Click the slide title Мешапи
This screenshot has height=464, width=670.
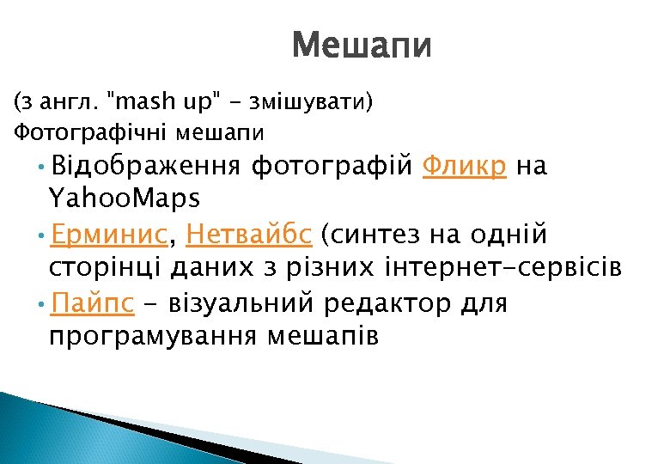pos(362,46)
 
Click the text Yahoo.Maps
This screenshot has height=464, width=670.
pos(125,198)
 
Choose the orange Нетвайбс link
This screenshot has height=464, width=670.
pos(249,233)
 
